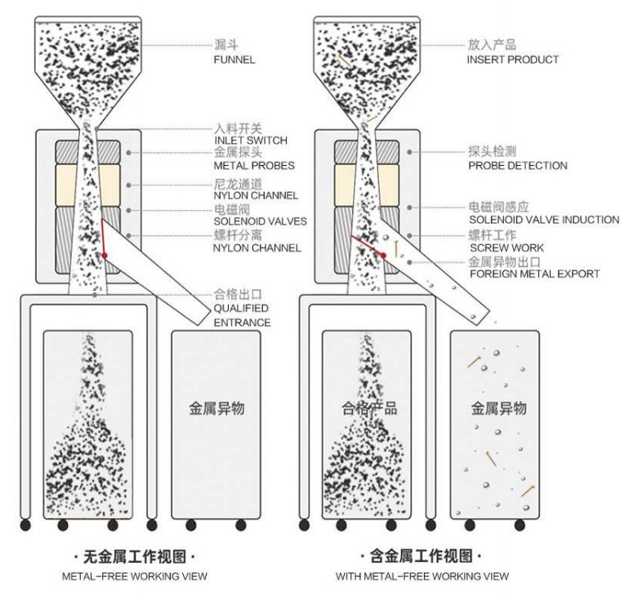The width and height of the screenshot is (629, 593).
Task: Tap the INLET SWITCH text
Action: pyautogui.click(x=251, y=140)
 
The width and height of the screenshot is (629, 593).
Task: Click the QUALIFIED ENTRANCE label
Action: pyautogui.click(x=242, y=315)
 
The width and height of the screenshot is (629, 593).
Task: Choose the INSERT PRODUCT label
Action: pyautogui.click(x=513, y=60)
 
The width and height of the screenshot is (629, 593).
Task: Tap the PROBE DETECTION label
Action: pyautogui.click(x=518, y=166)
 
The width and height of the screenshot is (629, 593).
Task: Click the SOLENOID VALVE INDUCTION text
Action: pyautogui.click(x=544, y=220)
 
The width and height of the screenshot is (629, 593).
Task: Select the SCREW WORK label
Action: pyautogui.click(x=506, y=247)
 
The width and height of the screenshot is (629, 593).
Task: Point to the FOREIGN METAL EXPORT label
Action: pyautogui.click(x=534, y=274)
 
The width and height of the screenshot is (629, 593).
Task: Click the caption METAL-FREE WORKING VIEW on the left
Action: pyautogui.click(x=135, y=577)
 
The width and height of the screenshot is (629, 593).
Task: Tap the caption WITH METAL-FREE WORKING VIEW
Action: pyautogui.click(x=422, y=577)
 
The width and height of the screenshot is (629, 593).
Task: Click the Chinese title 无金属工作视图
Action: pyautogui.click(x=135, y=558)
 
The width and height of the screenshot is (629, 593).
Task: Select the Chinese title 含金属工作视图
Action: pyautogui.click(x=422, y=558)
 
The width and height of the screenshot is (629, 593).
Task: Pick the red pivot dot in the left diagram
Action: pyautogui.click(x=105, y=256)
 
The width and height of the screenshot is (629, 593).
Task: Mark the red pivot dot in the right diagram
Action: pyautogui.click(x=384, y=256)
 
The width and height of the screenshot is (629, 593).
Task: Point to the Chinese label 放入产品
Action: pyautogui.click(x=492, y=46)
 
